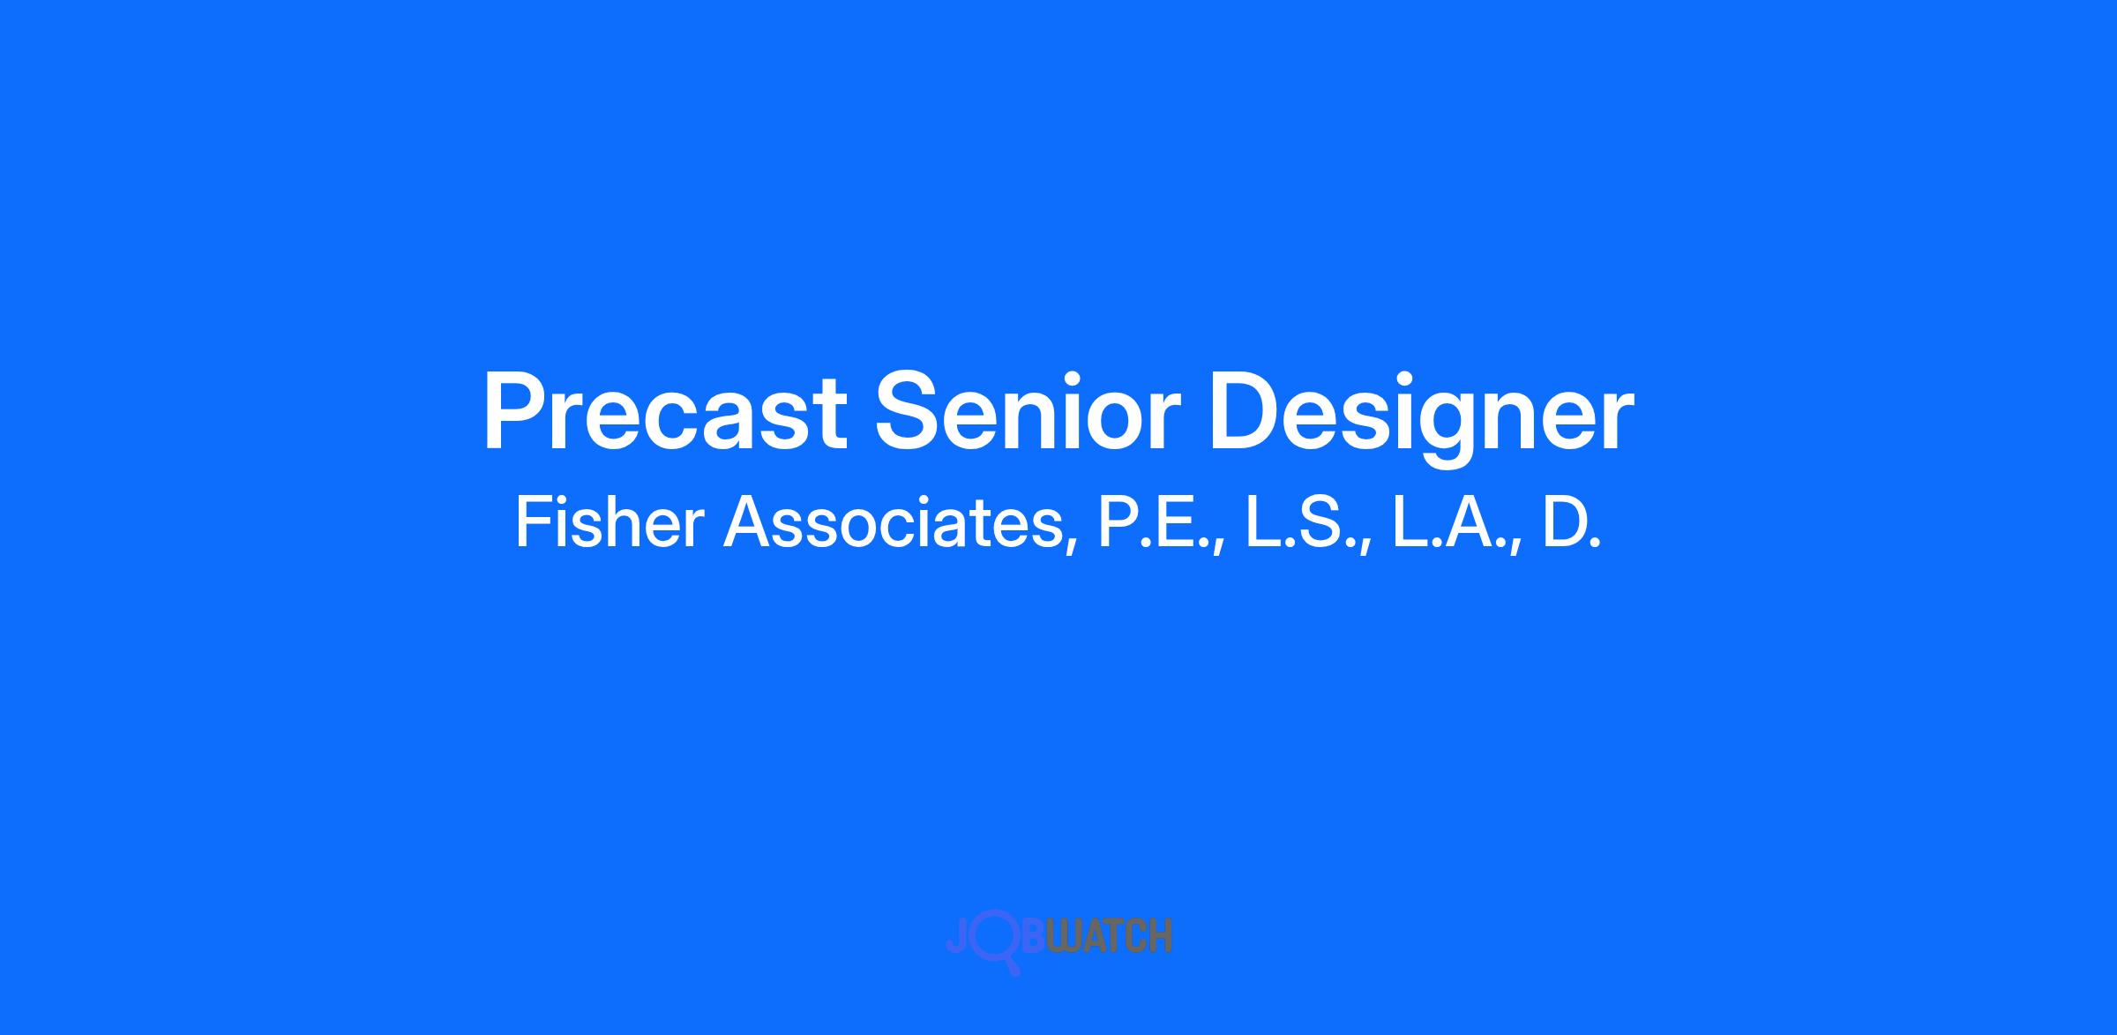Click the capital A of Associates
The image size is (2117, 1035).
click(747, 523)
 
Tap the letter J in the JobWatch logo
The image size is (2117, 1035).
click(956, 936)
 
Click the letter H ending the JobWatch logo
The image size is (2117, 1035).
click(1162, 936)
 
